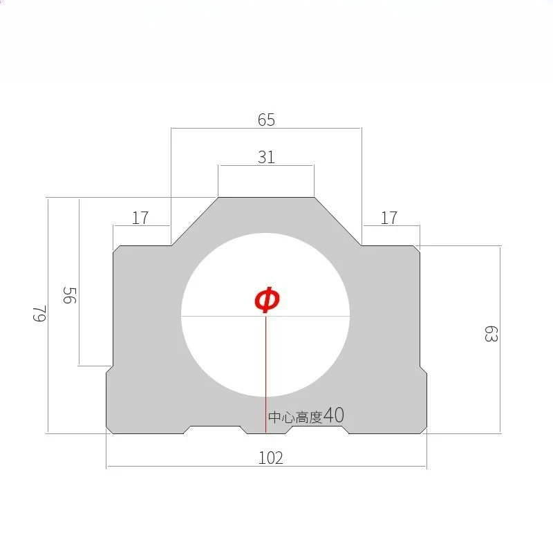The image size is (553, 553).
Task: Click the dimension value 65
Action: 266,120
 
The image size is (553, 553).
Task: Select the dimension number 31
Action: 266,158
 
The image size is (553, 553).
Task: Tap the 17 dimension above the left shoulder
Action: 140,218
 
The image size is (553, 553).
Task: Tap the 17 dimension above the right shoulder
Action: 389,218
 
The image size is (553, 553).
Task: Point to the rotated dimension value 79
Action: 39,314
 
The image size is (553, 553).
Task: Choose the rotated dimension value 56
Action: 70,295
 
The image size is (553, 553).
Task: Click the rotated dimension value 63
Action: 491,334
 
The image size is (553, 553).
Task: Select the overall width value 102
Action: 271,458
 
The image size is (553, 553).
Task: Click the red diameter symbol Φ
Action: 267,299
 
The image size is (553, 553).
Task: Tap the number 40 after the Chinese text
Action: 334,415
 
